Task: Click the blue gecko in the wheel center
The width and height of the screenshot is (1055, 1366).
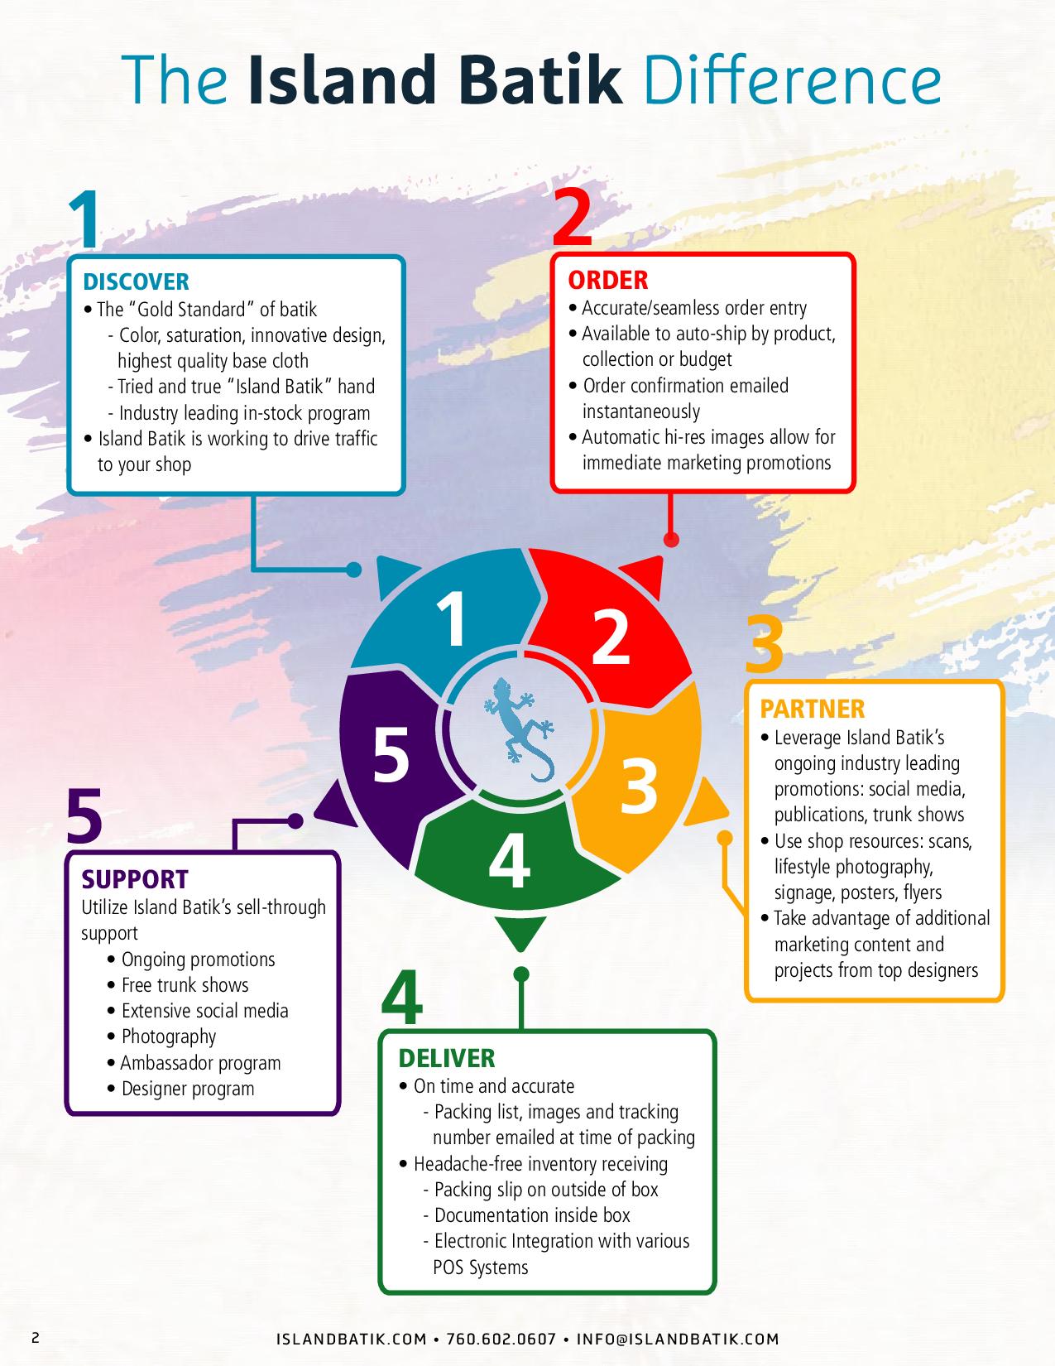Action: pyautogui.click(x=519, y=729)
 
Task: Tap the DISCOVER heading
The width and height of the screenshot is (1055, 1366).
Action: pyautogui.click(x=136, y=281)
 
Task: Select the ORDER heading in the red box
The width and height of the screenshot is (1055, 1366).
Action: pyautogui.click(x=607, y=281)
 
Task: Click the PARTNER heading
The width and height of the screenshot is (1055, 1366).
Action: pyautogui.click(x=812, y=709)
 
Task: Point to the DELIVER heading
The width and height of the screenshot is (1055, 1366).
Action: pyautogui.click(x=447, y=1059)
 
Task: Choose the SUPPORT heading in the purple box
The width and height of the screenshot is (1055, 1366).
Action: pyautogui.click(x=135, y=879)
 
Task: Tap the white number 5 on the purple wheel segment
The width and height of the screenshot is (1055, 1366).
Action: pyautogui.click(x=391, y=754)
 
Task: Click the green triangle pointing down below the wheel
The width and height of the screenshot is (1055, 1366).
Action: pyautogui.click(x=520, y=931)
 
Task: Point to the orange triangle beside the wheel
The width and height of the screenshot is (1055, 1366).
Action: pyautogui.click(x=705, y=802)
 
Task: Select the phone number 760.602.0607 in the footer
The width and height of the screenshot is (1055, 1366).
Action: pyautogui.click(x=501, y=1339)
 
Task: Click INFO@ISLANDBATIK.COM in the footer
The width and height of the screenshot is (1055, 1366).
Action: pyautogui.click(x=678, y=1339)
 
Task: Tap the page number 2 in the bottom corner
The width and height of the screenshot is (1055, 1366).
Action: pyautogui.click(x=36, y=1338)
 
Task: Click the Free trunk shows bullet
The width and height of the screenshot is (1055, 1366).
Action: pyautogui.click(x=178, y=985)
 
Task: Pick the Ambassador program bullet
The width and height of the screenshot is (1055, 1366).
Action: pyautogui.click(x=194, y=1063)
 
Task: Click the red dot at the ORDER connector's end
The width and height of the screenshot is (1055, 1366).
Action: pyautogui.click(x=671, y=539)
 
